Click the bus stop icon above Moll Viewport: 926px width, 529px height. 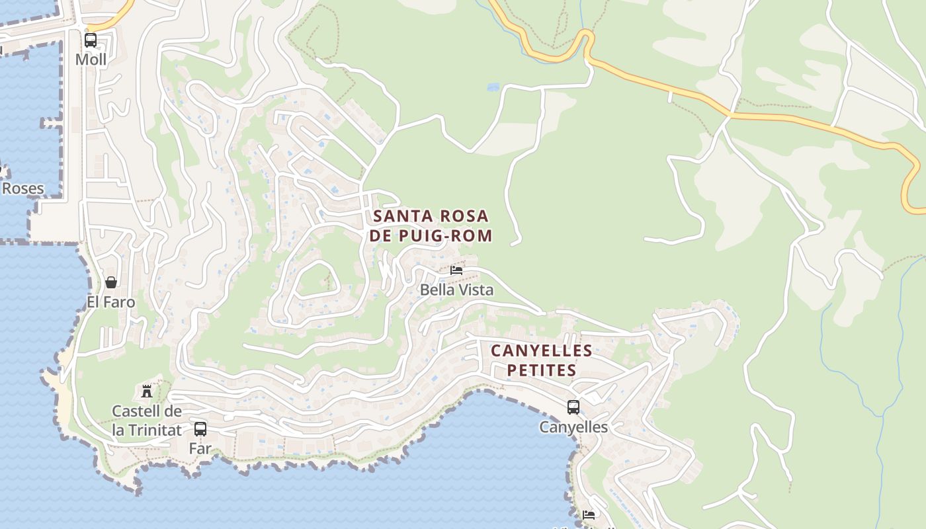click(x=91, y=40)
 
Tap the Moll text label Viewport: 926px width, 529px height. click(x=91, y=60)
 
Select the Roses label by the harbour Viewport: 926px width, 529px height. click(x=22, y=188)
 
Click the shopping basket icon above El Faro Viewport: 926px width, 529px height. click(x=111, y=282)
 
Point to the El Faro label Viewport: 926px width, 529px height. click(x=111, y=302)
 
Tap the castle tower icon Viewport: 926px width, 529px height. click(x=147, y=391)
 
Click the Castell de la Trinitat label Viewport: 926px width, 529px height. click(x=147, y=421)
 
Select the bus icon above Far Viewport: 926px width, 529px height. click(x=200, y=428)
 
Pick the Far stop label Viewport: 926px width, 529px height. click(x=200, y=448)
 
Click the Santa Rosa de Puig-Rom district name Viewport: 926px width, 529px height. click(x=432, y=225)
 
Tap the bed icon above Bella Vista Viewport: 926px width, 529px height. click(x=456, y=270)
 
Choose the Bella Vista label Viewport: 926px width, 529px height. click(x=457, y=290)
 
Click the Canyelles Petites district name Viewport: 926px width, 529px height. click(x=542, y=360)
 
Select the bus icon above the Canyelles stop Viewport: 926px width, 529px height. click(x=573, y=407)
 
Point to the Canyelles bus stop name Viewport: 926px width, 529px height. click(x=573, y=427)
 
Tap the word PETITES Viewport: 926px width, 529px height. click(x=542, y=370)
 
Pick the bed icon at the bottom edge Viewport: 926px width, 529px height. click(x=589, y=514)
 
